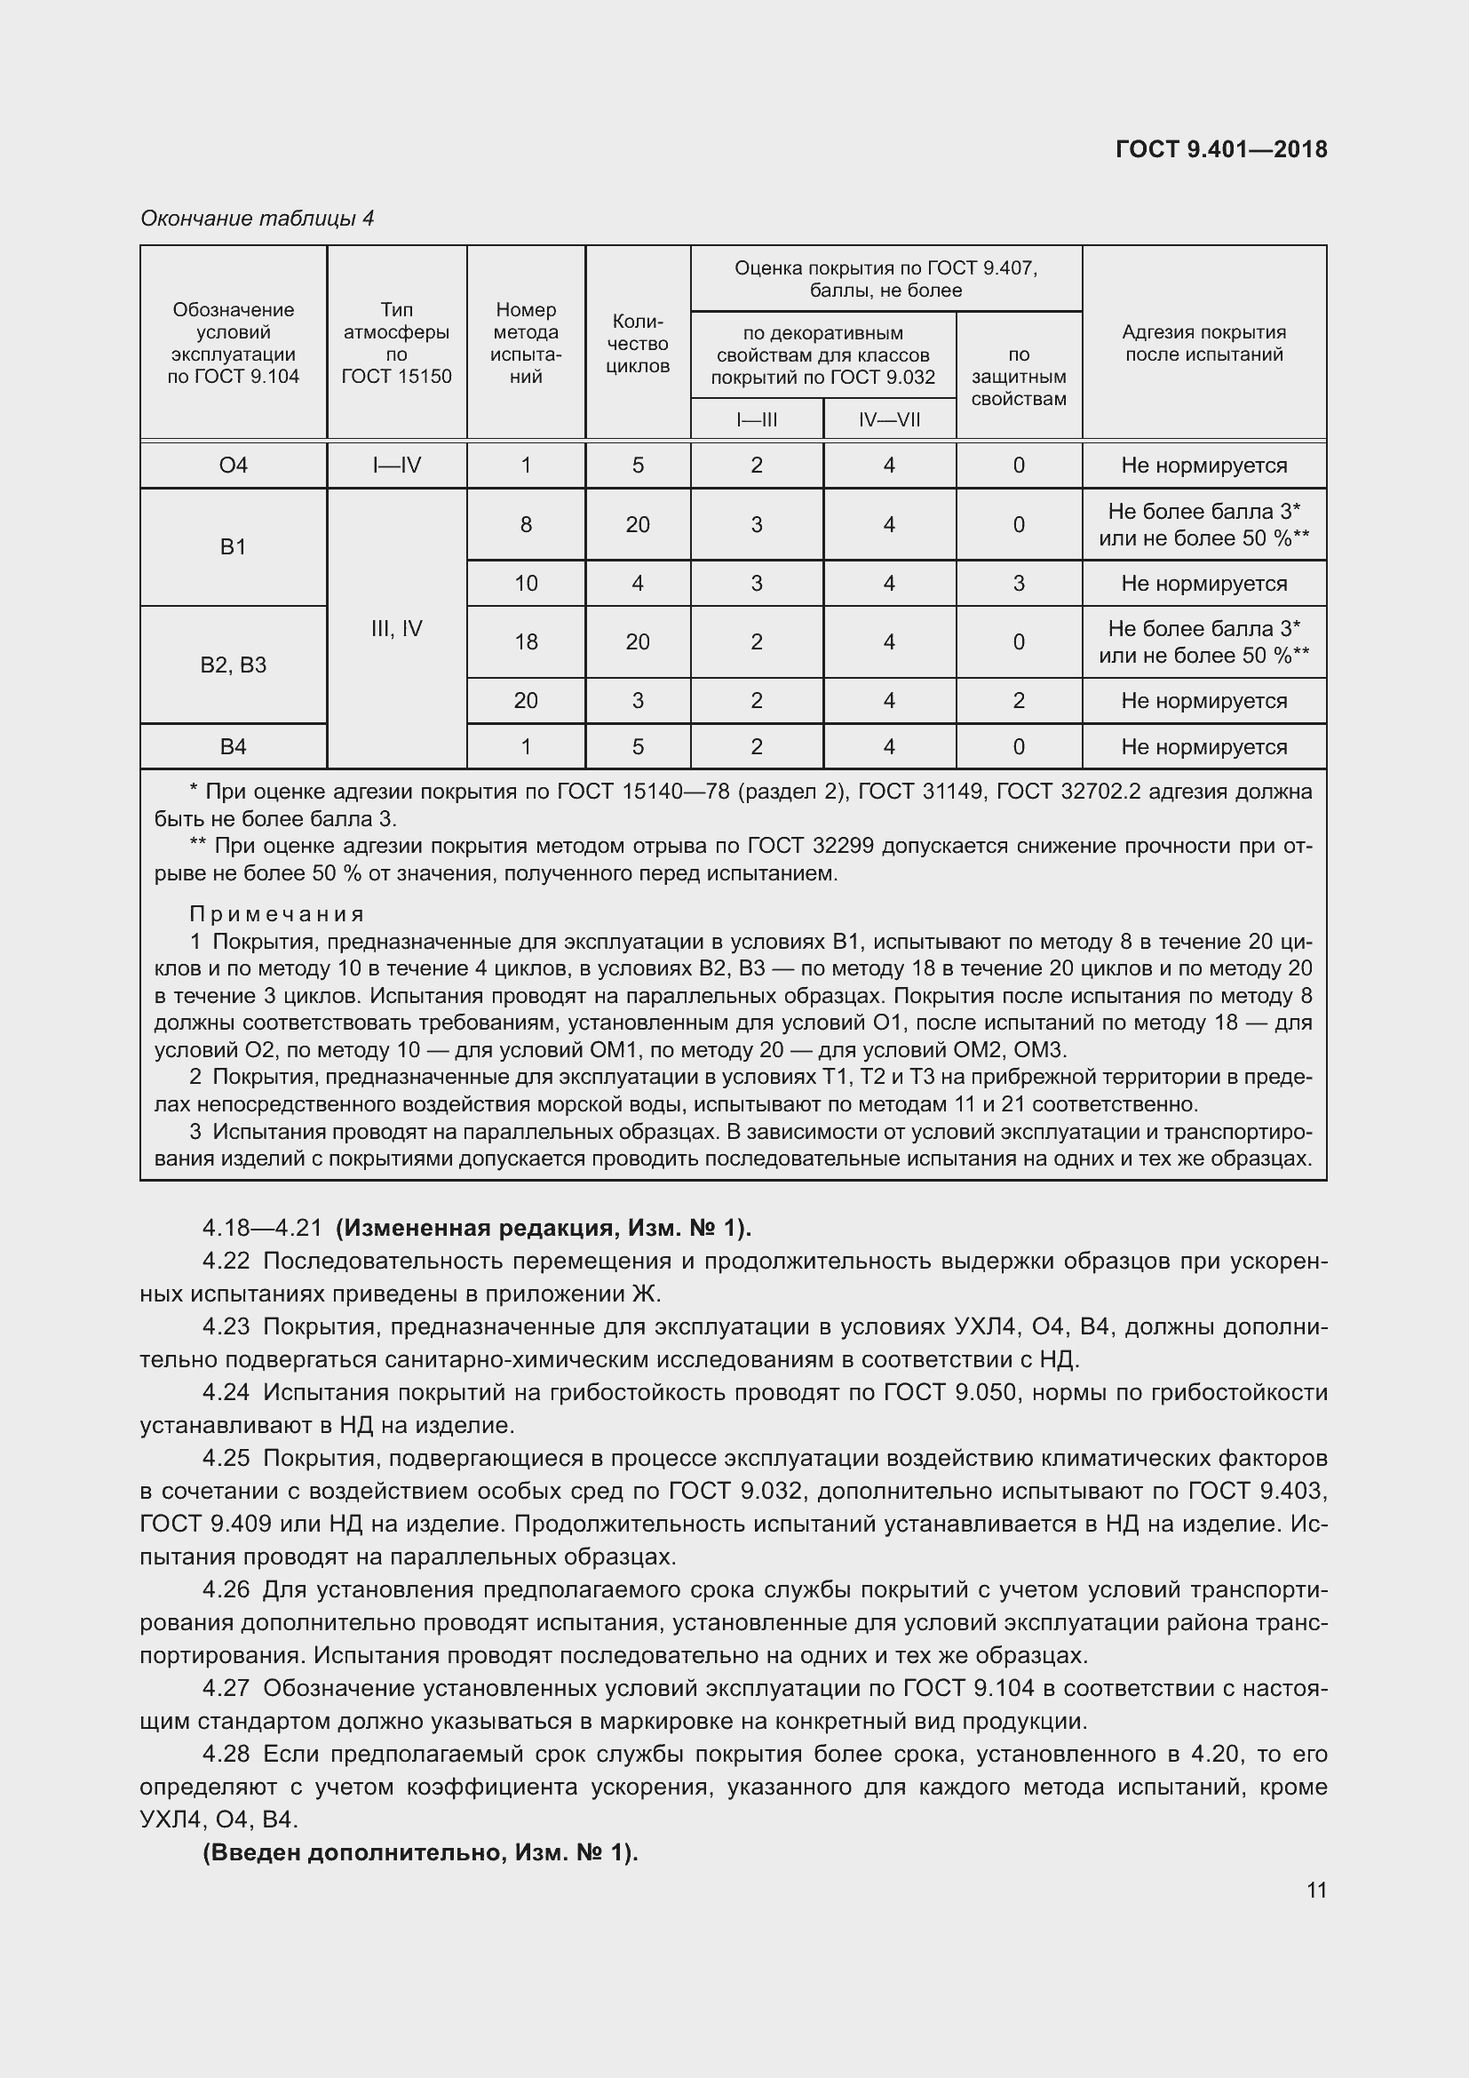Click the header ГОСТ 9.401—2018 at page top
[1221, 149]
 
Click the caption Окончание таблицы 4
[257, 219]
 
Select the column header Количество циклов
[638, 343]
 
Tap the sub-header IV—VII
[889, 419]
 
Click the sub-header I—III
[756, 419]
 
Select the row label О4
[234, 466]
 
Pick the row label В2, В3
[234, 665]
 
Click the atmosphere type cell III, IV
[396, 629]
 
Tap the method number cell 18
[526, 641]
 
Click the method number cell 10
[526, 584]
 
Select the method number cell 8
[526, 525]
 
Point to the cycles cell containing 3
[638, 700]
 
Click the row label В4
[234, 746]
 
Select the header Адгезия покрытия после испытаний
[1203, 343]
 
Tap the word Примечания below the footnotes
[277, 914]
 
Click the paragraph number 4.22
[226, 1261]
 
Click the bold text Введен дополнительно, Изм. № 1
[421, 1852]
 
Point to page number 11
[1316, 1890]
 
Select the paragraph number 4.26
[226, 1589]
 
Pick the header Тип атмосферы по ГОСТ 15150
[396, 343]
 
